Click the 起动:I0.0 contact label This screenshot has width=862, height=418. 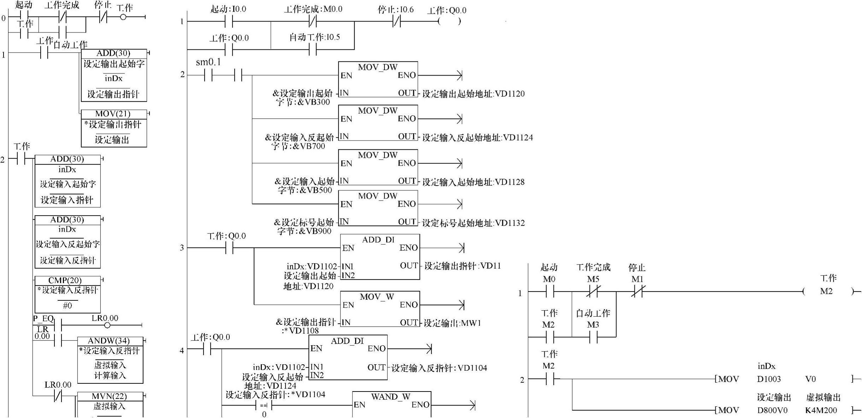pos(228,9)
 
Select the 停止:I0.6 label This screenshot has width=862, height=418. pos(395,10)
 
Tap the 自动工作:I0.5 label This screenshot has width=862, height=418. pos(315,37)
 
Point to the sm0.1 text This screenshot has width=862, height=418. pos(208,62)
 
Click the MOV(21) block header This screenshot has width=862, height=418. pos(113,114)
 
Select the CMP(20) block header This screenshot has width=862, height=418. pos(65,281)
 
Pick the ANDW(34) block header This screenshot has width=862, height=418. pos(109,341)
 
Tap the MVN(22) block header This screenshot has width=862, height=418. pos(109,396)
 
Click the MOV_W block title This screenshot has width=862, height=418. pos(377,297)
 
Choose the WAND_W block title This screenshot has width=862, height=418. pos(391,397)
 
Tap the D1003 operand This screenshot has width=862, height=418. pos(769,379)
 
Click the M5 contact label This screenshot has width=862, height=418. pos(593,279)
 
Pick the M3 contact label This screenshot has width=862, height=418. pos(593,324)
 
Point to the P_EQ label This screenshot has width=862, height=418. pos(43,319)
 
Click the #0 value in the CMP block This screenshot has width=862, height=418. pos(67,305)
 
